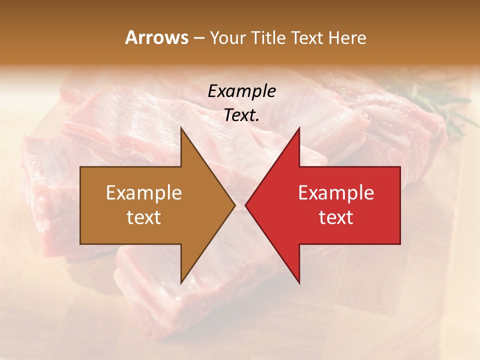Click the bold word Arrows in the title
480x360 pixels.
[x=156, y=37]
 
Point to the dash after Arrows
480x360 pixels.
[x=198, y=38]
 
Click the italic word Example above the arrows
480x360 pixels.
[x=242, y=91]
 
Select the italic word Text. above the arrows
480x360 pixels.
[x=242, y=115]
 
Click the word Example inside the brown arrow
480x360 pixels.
[x=144, y=192]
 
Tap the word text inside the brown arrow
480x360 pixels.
[x=144, y=217]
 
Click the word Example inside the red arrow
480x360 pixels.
[x=336, y=192]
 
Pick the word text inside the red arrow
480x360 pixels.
[x=336, y=217]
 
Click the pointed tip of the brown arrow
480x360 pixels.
[x=234, y=205]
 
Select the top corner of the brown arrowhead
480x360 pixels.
[x=181, y=128]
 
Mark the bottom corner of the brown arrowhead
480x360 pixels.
[x=181, y=282]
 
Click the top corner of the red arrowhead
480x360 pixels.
[x=299, y=128]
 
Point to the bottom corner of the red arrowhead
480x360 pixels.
[x=299, y=282]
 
